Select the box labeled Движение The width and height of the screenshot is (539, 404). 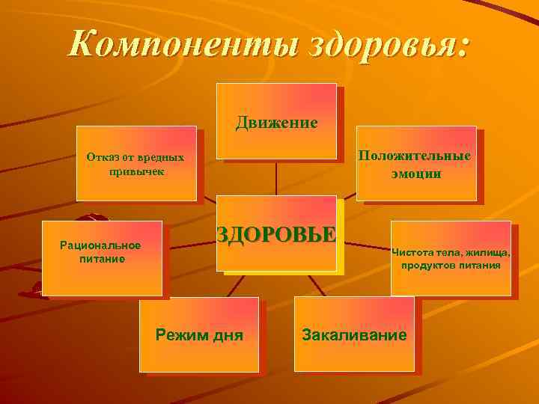pyautogui.click(x=276, y=120)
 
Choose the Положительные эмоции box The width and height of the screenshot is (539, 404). pyautogui.click(x=415, y=163)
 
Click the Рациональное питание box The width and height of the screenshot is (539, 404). pyautogui.click(x=102, y=258)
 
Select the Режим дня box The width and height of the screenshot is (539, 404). pyautogui.click(x=199, y=334)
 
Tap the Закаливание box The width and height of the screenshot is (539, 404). pyautogui.click(x=353, y=334)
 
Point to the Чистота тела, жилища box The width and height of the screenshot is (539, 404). pyautogui.click(x=451, y=258)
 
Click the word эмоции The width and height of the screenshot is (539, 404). pyautogui.click(x=415, y=174)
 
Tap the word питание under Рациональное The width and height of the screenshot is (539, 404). pyautogui.click(x=102, y=260)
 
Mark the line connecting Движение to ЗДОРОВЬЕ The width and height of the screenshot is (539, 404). pyautogui.click(x=277, y=177)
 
